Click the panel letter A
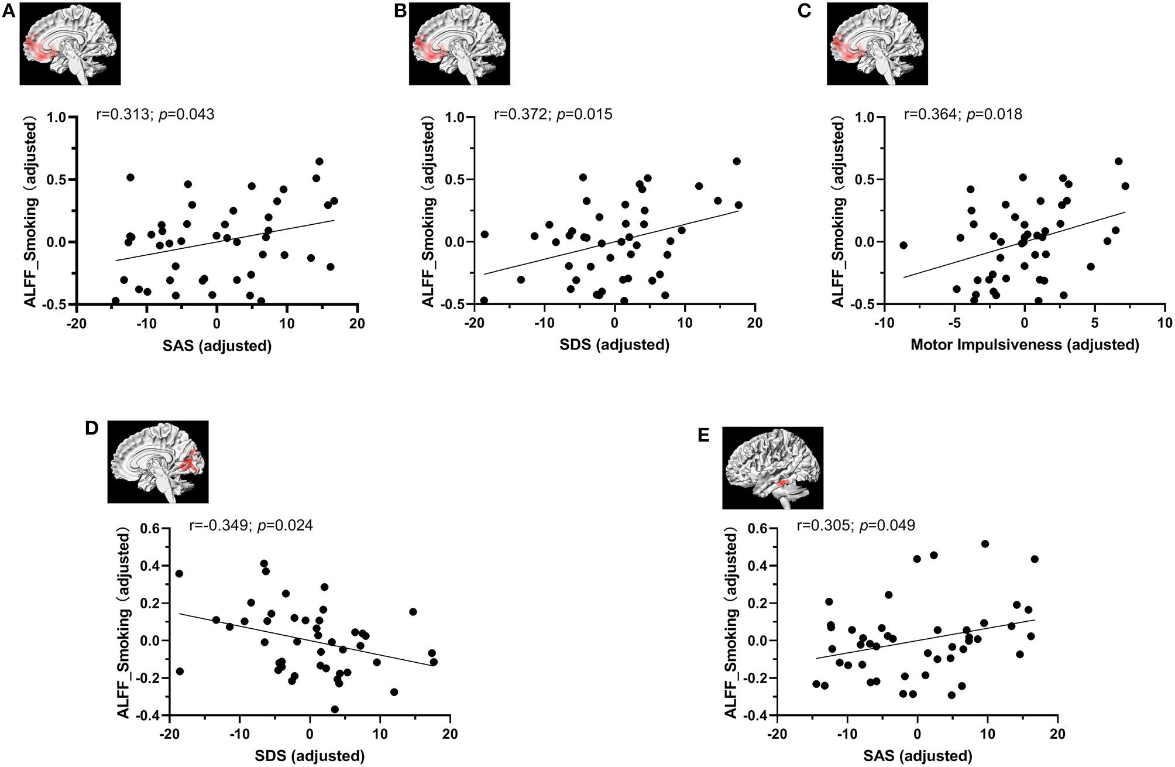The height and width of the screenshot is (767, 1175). (8, 11)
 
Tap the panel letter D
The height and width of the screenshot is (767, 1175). (91, 428)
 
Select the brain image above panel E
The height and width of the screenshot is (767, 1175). (772, 467)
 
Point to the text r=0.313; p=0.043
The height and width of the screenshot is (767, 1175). (155, 114)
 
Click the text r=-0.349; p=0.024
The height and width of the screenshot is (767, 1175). (251, 525)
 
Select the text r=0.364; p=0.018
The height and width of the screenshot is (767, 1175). (963, 114)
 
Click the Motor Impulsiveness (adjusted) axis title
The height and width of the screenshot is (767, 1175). (1025, 345)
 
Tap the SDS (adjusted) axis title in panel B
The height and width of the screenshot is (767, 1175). (614, 345)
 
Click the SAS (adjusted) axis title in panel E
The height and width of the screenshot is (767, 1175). (918, 756)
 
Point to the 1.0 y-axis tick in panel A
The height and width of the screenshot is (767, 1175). (57, 117)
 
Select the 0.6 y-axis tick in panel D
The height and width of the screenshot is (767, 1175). (151, 528)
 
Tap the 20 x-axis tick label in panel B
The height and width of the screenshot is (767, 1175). (755, 323)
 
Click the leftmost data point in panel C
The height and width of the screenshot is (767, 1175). (903, 245)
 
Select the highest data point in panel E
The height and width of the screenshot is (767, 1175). (985, 544)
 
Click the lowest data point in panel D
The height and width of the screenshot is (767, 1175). (335, 709)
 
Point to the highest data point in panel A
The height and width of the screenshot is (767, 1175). (319, 162)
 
